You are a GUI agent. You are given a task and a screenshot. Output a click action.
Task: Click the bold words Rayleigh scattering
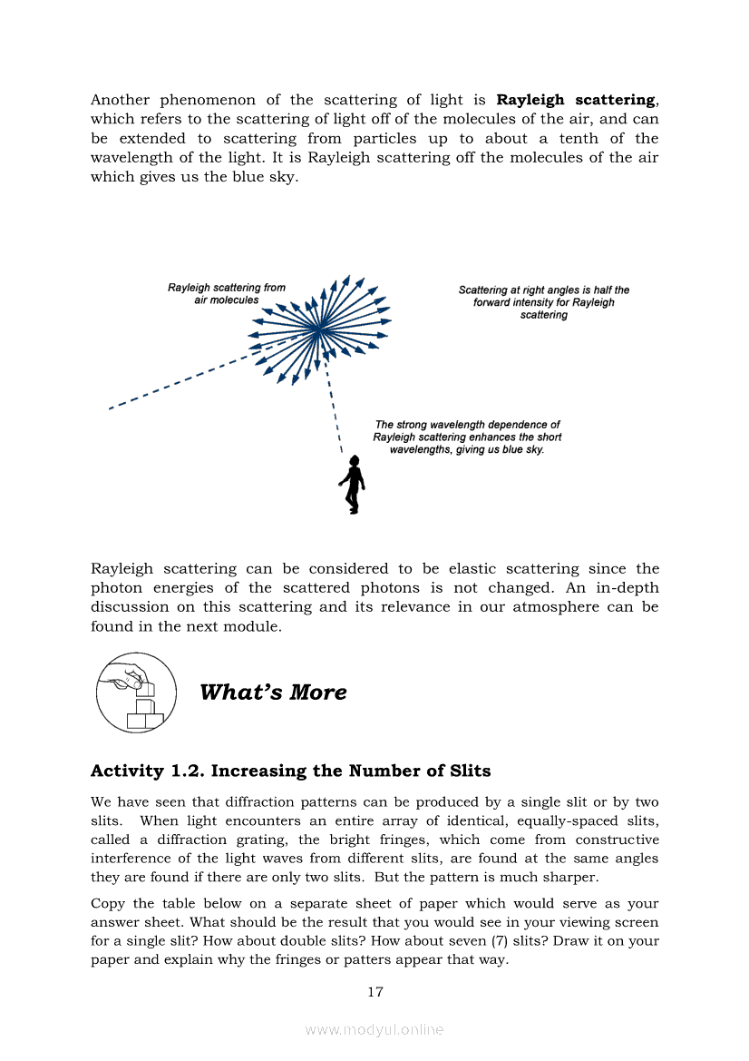pos(576,100)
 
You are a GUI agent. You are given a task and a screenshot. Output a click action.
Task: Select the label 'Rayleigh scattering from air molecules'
pos(227,294)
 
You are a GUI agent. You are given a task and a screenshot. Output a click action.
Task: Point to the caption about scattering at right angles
pos(543,302)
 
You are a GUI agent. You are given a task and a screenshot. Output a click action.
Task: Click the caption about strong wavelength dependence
pos(467,437)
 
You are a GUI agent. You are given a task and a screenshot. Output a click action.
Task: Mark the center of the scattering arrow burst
pos(319,329)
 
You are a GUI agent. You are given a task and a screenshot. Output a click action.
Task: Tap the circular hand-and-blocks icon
pos(136,693)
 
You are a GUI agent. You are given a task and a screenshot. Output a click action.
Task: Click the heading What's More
pos(273,693)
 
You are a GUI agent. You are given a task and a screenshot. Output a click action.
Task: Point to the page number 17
pos(374,992)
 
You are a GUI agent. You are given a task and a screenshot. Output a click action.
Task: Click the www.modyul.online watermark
pos(374,1029)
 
